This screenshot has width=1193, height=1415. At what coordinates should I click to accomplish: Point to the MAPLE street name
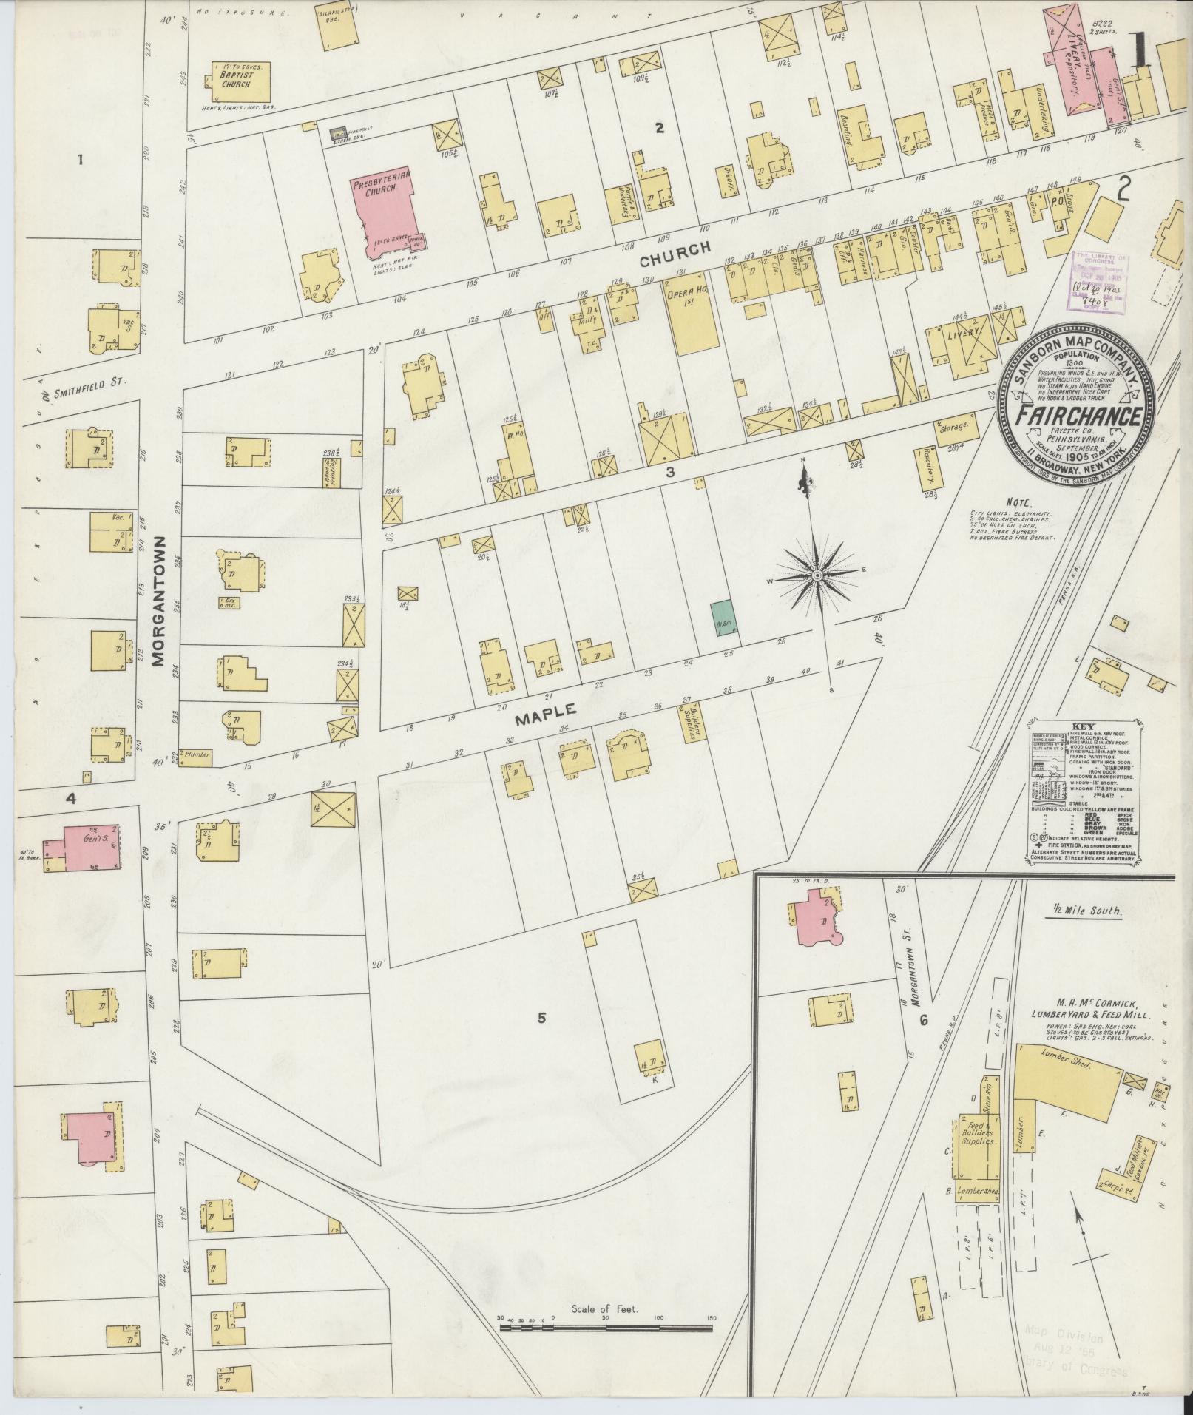click(x=546, y=709)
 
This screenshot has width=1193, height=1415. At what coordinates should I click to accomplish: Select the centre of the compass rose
click(x=817, y=575)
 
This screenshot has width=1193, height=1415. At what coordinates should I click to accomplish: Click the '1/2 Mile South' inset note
click(x=1085, y=913)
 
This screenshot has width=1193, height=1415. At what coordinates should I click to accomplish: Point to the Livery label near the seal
click(x=963, y=333)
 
